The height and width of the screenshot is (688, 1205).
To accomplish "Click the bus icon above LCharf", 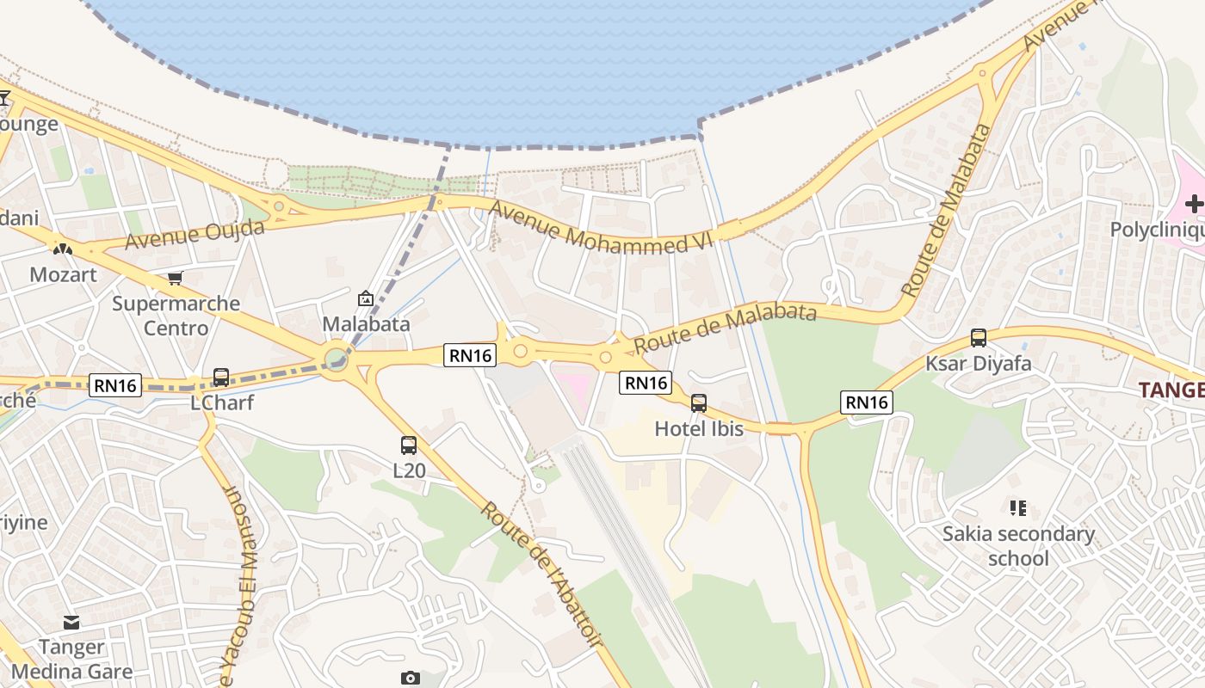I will point(220,378).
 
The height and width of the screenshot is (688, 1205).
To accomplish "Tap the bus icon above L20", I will point(409,445).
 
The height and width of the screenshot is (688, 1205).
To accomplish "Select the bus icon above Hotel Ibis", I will point(699,402).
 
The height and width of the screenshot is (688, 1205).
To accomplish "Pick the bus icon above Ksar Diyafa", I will point(978,338).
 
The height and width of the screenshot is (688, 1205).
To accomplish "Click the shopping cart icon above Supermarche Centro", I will point(176,278).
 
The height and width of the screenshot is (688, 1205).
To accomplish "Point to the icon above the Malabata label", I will point(366,298).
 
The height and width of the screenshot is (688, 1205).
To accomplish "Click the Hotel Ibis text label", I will point(699,428).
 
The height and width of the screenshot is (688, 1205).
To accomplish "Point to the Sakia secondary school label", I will point(1018,546).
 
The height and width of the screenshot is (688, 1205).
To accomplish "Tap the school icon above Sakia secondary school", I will point(1018,508).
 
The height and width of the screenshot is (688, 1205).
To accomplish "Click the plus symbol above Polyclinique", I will point(1194,204).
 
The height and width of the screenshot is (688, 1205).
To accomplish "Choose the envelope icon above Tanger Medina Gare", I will point(71,622).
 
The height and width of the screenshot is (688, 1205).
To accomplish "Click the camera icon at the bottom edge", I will point(410,678).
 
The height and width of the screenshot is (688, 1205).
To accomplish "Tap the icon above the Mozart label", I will point(63,249).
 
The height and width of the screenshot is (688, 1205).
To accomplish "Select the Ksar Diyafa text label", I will point(978,363).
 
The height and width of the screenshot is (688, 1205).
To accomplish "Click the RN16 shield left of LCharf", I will point(115,385).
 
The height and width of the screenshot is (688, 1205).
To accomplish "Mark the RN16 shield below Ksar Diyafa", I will point(867,402).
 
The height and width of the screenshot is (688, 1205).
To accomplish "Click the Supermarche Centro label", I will point(176,316).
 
